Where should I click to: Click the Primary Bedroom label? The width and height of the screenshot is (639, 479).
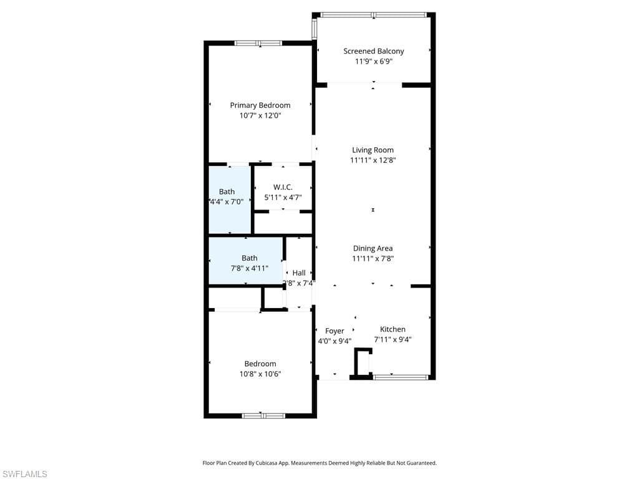(260, 105)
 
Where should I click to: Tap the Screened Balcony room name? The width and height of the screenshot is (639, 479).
(373, 51)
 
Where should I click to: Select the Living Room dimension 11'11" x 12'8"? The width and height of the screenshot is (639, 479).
(373, 160)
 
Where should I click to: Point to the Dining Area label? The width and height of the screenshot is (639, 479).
(373, 248)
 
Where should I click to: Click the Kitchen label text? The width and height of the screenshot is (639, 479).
(393, 329)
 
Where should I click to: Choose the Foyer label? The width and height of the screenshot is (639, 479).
(334, 331)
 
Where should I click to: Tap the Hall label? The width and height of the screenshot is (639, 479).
(299, 273)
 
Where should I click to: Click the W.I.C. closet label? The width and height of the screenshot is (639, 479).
(283, 187)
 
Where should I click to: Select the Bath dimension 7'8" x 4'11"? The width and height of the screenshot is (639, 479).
(249, 268)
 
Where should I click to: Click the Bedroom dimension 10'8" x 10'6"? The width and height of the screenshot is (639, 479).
(260, 374)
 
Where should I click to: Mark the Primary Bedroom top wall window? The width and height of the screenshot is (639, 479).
(258, 43)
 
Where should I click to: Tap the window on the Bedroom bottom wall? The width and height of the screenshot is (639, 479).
(263, 415)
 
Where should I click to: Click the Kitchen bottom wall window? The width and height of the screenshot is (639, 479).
(400, 377)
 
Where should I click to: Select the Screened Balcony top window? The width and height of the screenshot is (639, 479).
(373, 15)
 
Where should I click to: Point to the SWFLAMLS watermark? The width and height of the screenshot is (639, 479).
(24, 475)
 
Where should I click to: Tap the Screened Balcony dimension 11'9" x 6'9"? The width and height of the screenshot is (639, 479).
(373, 62)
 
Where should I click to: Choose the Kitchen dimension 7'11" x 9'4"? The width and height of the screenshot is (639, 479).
(393, 340)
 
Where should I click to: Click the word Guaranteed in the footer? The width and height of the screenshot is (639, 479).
(421, 463)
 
